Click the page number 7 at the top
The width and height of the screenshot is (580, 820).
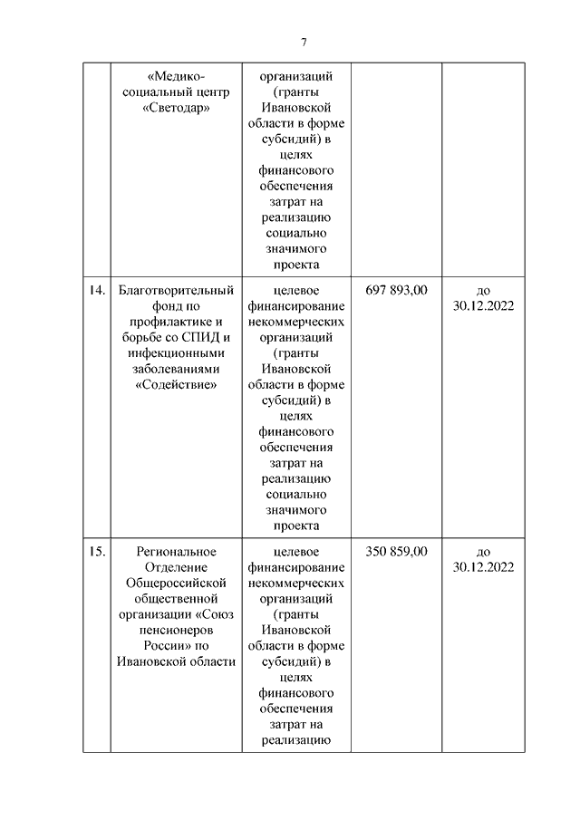pos(304,42)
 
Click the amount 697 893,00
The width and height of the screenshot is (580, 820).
pos(396,290)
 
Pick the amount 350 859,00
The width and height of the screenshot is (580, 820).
pos(396,551)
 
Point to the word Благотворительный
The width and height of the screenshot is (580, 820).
pos(177,290)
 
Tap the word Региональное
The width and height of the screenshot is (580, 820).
pos(177,551)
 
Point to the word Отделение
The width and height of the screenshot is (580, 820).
pos(177,567)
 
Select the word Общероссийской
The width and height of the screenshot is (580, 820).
pos(177,584)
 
